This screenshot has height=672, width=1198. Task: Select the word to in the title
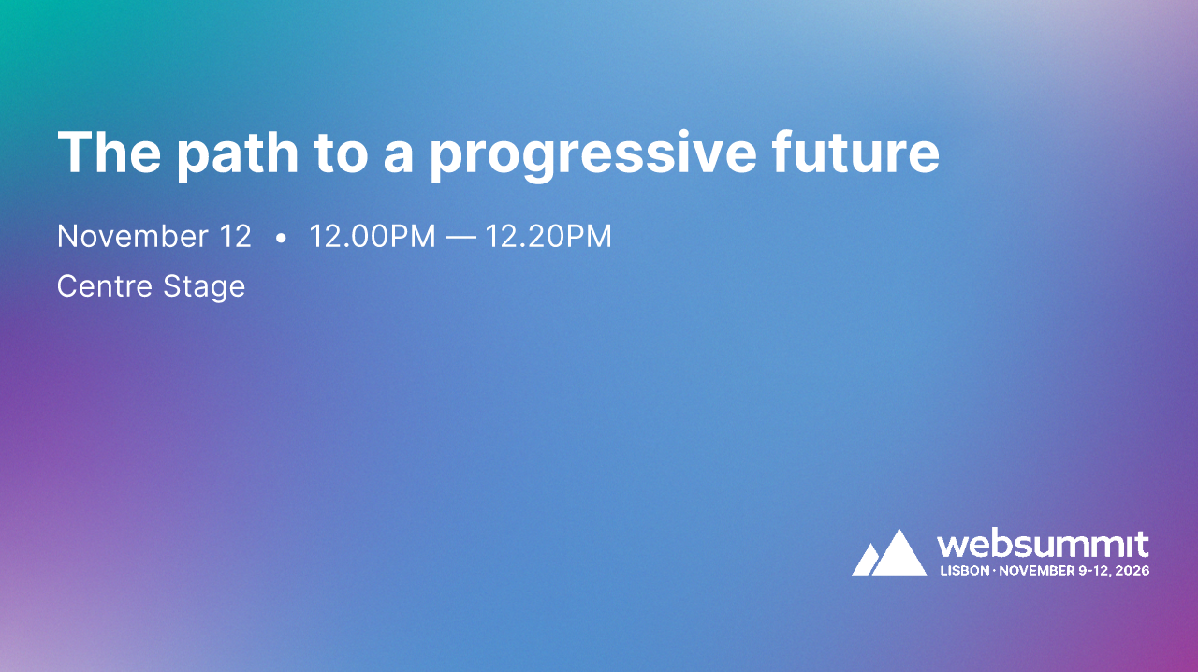point(343,153)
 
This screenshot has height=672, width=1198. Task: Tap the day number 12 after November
point(235,237)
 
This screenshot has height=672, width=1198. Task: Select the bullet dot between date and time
point(281,239)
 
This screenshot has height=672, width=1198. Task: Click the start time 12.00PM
point(373,237)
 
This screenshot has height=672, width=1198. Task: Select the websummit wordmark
point(1043,544)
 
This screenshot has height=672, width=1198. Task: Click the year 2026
point(1133,570)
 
